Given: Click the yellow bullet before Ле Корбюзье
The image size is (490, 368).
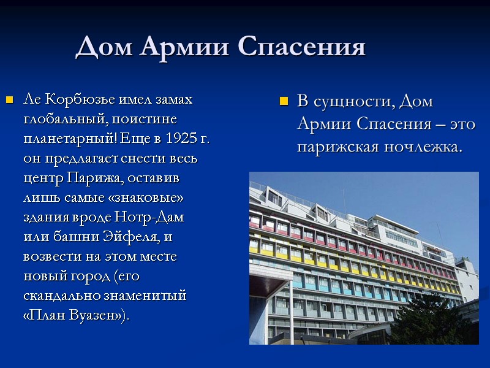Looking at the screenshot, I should pyautogui.click(x=9, y=100).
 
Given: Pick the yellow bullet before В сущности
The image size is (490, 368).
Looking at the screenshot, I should pyautogui.click(x=283, y=101).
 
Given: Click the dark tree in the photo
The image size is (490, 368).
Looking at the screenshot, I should pyautogui.click(x=435, y=319).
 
